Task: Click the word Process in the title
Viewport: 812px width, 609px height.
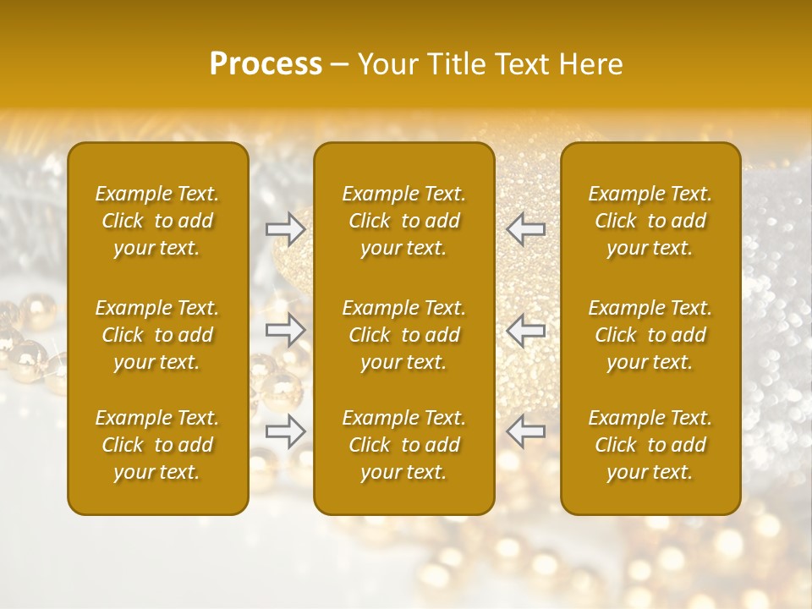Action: pos(266,64)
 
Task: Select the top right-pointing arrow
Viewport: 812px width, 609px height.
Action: pos(285,228)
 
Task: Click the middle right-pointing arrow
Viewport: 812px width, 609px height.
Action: pos(285,330)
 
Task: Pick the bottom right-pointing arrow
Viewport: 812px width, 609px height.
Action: pos(285,431)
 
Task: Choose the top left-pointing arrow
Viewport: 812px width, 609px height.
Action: pos(526,228)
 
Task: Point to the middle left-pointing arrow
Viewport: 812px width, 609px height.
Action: pos(526,330)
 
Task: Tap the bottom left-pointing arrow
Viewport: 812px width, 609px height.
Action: pos(526,431)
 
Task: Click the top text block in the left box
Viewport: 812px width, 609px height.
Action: pos(157,221)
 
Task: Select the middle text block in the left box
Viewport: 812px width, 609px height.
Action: pos(157,335)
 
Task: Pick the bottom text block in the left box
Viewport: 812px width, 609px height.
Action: pos(157,445)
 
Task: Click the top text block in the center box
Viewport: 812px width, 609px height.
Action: pos(403,221)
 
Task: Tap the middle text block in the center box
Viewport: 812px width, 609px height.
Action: pos(403,335)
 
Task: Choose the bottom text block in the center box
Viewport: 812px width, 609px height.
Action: pos(403,445)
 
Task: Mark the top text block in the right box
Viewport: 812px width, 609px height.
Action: pos(650,221)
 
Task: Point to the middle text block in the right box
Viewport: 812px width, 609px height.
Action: pos(650,335)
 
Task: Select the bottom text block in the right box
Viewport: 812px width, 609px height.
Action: pos(650,445)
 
